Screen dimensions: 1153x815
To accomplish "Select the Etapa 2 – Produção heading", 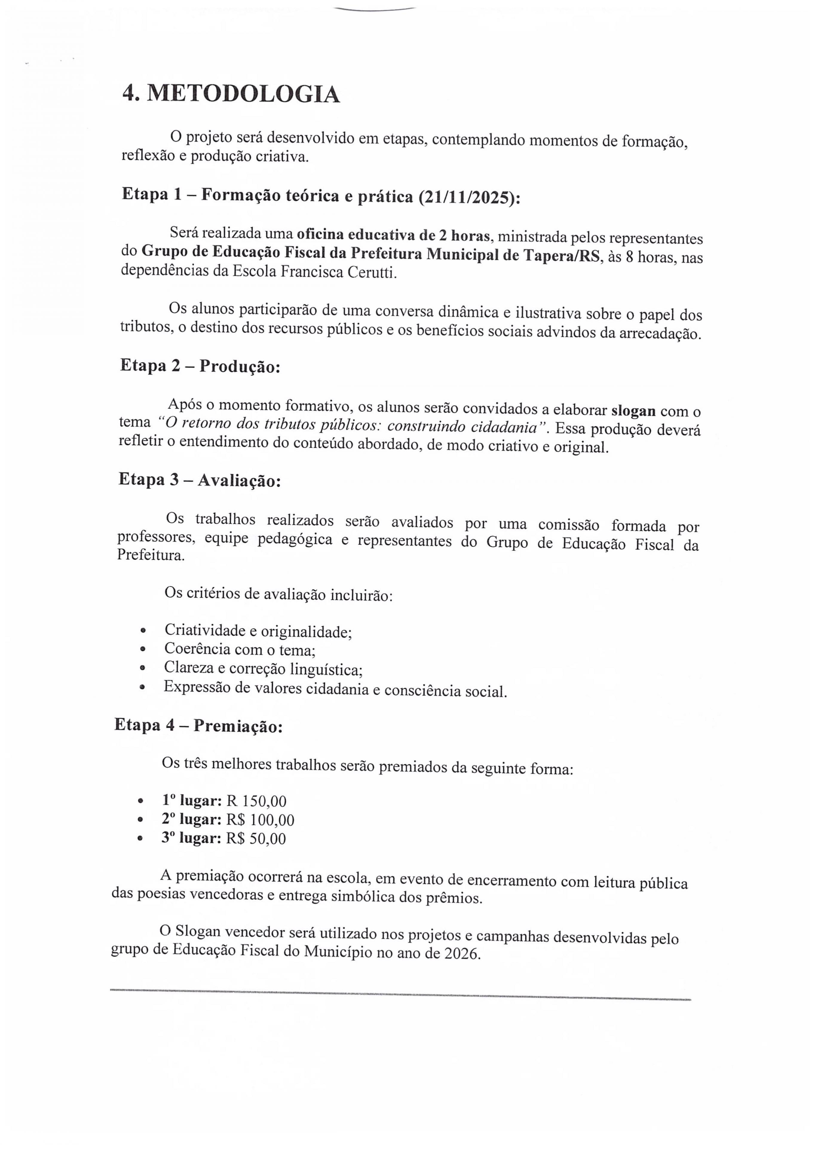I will click(200, 366).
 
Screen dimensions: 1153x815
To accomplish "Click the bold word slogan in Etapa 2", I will click(633, 411).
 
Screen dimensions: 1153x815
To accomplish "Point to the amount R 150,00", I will click(257, 801).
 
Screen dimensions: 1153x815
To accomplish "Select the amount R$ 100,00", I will click(260, 820).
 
